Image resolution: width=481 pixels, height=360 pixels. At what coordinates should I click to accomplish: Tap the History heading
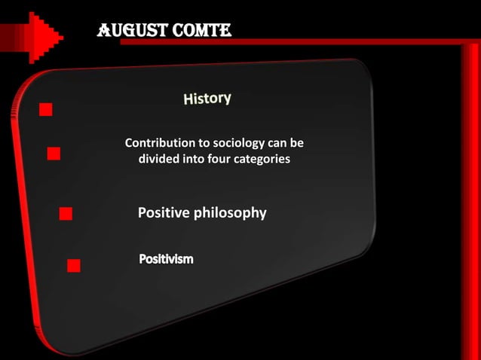[207, 99]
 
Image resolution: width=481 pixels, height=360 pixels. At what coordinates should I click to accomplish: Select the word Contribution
[157, 143]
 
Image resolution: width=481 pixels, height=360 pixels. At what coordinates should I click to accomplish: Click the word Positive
[164, 213]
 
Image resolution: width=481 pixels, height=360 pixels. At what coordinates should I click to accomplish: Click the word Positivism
[166, 259]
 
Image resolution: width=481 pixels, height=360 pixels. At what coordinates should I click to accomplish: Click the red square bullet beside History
[46, 109]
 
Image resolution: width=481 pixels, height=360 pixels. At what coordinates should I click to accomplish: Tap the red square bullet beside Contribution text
[54, 154]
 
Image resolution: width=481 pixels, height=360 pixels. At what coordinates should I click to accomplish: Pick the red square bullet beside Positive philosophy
[66, 213]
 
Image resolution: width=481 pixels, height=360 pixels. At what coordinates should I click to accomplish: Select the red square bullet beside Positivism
[73, 265]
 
